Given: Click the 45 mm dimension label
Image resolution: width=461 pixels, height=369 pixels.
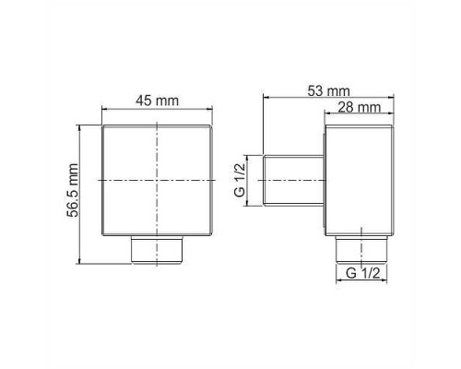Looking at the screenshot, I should tap(157, 101).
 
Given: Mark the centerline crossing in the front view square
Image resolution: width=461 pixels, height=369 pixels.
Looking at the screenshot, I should tap(158, 182).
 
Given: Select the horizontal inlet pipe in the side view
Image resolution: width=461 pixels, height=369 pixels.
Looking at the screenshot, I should tap(294, 182).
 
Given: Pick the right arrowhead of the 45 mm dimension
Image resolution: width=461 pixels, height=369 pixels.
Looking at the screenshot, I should tap(214, 110).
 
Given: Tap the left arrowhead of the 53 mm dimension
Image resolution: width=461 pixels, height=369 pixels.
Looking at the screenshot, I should tap(266, 98).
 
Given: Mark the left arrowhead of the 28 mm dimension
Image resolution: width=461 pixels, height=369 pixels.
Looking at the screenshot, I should tap(326, 115).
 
